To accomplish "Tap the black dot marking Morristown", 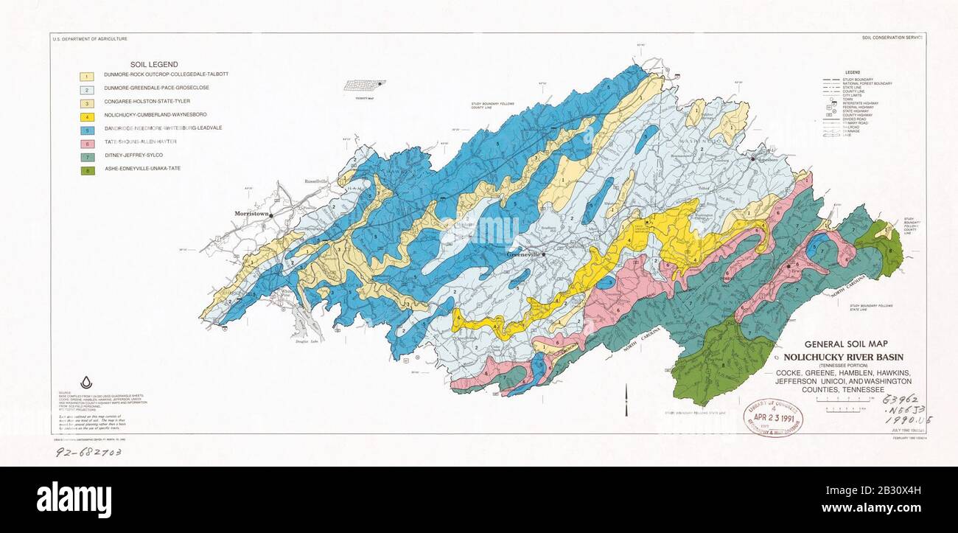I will (x=271, y=215).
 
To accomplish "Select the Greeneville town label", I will (x=523, y=254).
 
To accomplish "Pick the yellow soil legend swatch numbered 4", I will (x=88, y=115).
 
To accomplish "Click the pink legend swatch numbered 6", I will (x=88, y=142).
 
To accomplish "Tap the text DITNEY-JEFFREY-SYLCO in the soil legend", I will (x=135, y=155).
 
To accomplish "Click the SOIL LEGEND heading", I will (x=154, y=65).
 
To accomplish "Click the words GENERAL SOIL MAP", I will (x=845, y=344).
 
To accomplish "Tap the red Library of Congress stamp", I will (x=773, y=417).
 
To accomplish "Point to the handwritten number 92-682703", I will (x=88, y=450).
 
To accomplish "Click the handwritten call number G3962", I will (x=900, y=399).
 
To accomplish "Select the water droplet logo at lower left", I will (x=86, y=382).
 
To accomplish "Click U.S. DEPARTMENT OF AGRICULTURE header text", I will (x=90, y=38).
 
